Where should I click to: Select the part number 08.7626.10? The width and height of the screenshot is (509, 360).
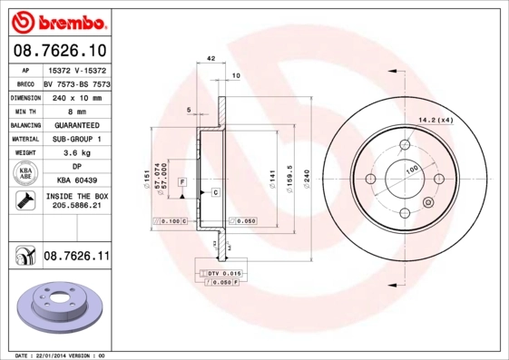click(x=59, y=49)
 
